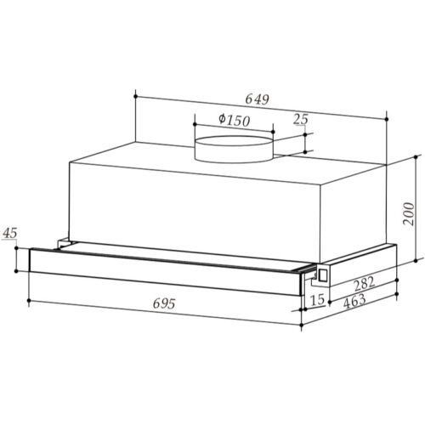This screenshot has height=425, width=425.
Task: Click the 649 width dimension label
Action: pos(257,99)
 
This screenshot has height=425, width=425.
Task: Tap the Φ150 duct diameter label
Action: pos(234,121)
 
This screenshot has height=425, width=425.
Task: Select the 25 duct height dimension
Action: pos(301,119)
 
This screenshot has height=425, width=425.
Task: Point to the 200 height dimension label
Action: pos(409,213)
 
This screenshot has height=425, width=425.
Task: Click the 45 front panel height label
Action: pos(10,233)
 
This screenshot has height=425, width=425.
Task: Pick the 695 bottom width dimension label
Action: pos(164,303)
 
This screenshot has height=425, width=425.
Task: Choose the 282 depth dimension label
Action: pos(364,283)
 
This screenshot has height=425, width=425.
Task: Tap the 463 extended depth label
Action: pos(354,301)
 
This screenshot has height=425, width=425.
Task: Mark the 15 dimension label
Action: pos(318,299)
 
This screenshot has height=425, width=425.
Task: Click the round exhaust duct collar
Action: pos(234,150)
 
